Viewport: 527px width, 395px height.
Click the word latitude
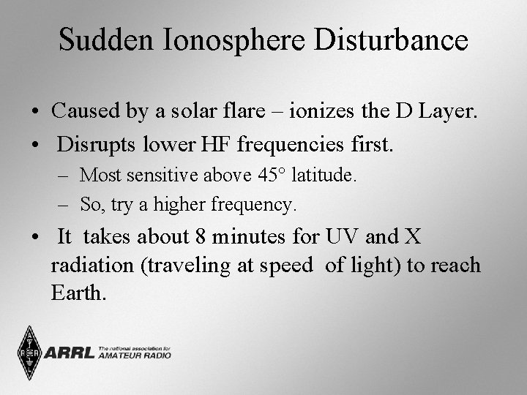(x=326, y=176)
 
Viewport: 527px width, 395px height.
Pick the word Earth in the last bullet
(x=78, y=293)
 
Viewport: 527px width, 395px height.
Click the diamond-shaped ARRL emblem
(x=30, y=353)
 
